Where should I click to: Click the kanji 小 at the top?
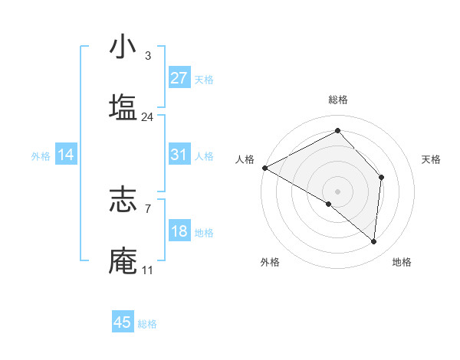[x=123, y=47]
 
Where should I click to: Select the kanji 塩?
[x=123, y=107]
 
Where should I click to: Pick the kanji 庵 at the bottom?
[x=123, y=261]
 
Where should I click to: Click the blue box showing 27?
[x=179, y=78]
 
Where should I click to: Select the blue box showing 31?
[x=179, y=155]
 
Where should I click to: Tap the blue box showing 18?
[x=179, y=231]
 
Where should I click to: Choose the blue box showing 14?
[x=66, y=155]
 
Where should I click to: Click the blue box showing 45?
[x=123, y=322]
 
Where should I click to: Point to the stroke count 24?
[x=147, y=117]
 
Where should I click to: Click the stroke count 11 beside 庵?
[x=147, y=270]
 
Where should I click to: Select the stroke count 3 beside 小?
[x=147, y=56]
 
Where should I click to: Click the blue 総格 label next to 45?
[x=147, y=324]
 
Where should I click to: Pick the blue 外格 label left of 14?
[x=41, y=156]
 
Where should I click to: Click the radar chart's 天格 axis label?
[x=432, y=159]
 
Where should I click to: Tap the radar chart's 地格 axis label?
[x=402, y=263]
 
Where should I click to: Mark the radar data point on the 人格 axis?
[x=264, y=167]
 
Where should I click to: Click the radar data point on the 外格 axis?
[x=328, y=205]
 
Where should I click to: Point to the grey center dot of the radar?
[x=337, y=191]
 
